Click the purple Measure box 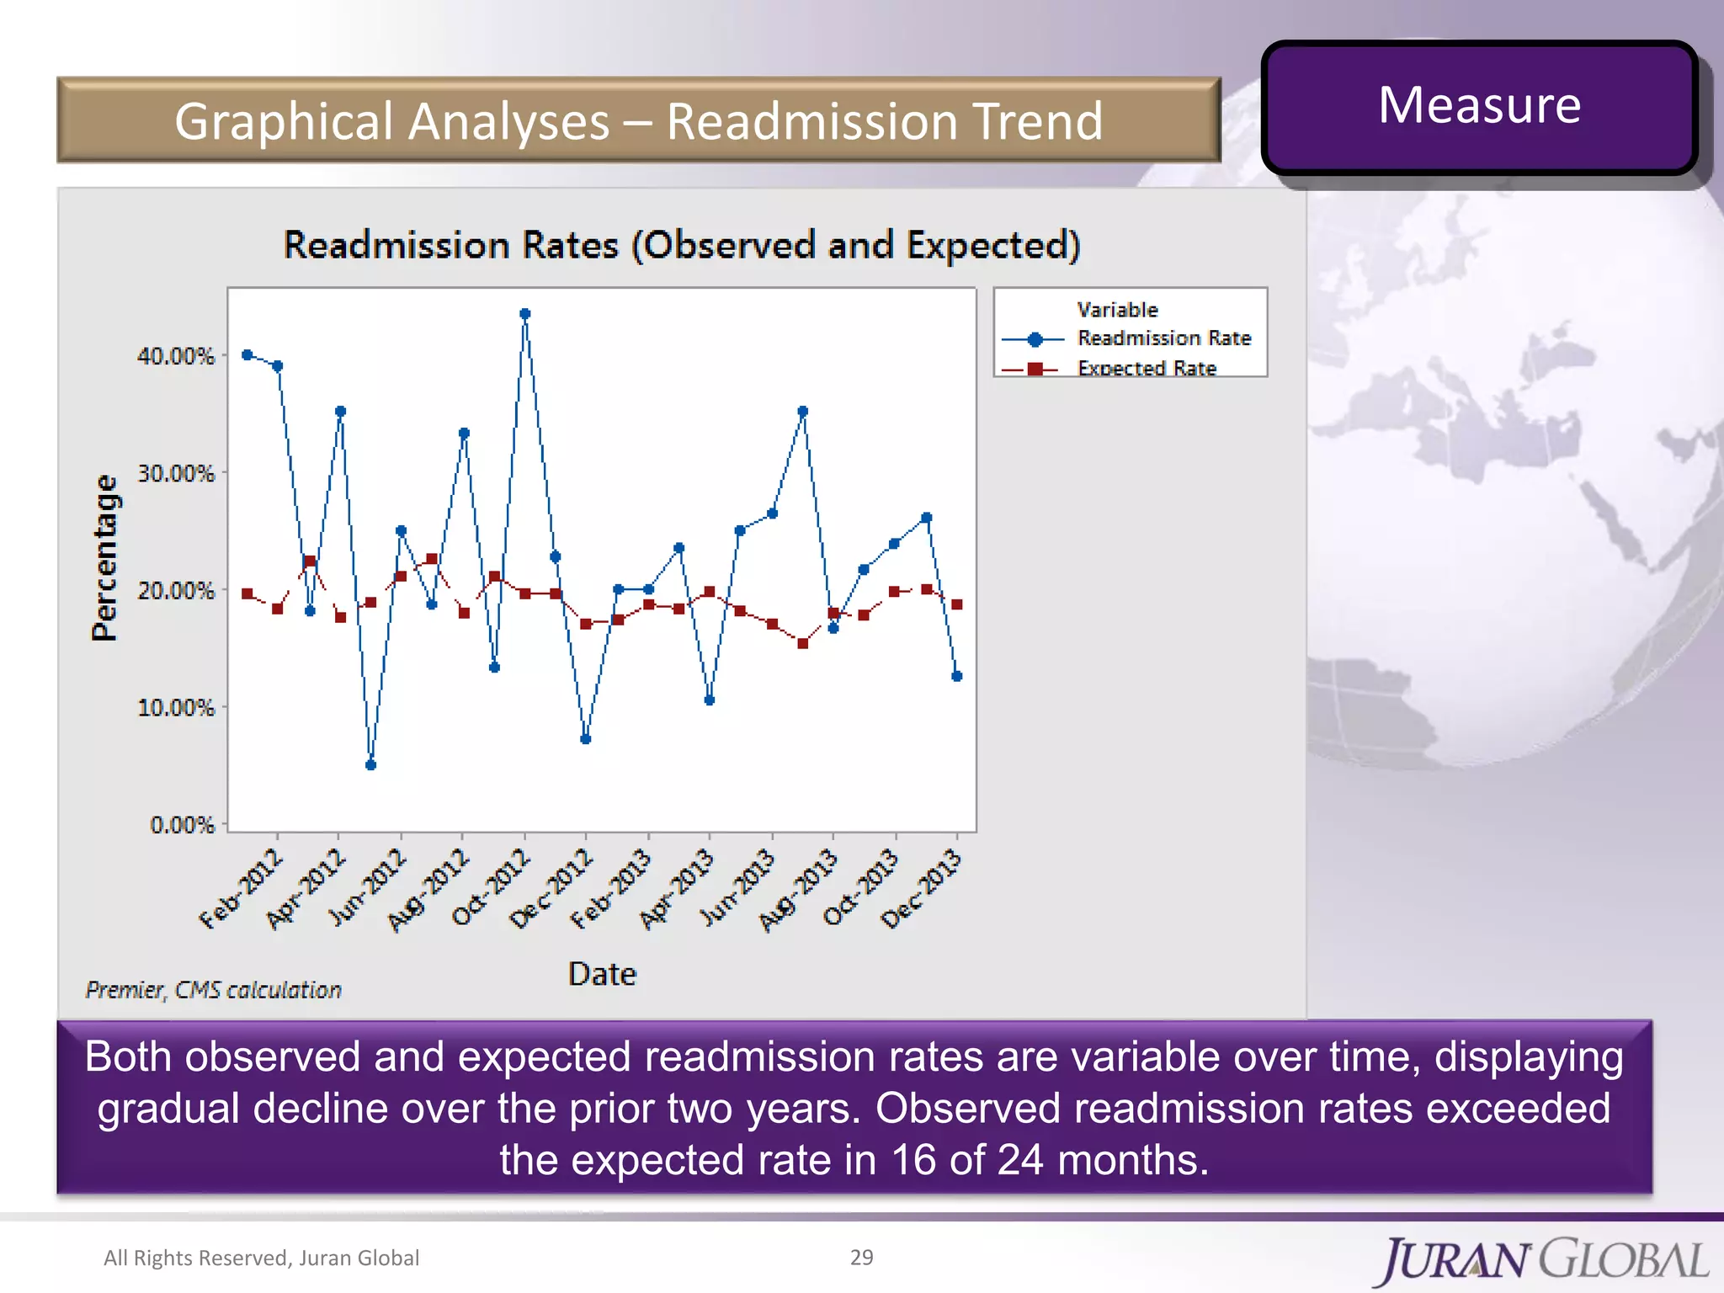1479,107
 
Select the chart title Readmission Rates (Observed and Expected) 682,245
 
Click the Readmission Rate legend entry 1163,338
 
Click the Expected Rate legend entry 1147,368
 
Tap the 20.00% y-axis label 176,591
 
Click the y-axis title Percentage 105,557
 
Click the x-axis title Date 602,974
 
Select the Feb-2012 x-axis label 242,891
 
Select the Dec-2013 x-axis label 921,891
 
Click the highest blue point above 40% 525,314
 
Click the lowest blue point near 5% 370,764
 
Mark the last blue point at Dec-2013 956,676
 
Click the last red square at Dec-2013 956,604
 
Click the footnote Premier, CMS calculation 214,990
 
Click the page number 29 861,1257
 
